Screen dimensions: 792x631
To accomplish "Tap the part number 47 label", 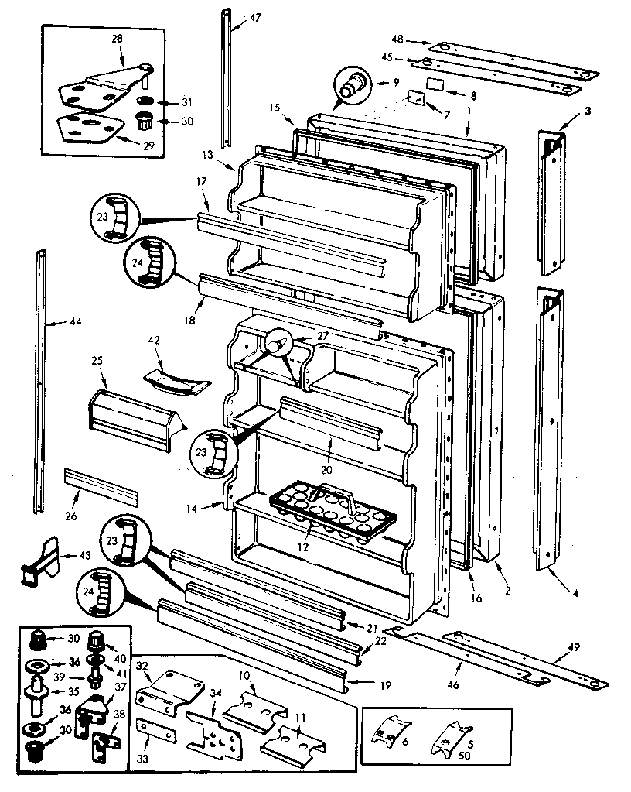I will pyautogui.click(x=256, y=16).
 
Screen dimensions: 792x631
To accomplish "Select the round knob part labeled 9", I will pyautogui.click(x=352, y=84).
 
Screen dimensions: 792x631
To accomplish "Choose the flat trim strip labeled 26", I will pyautogui.click(x=101, y=484).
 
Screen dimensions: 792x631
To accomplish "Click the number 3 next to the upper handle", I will pyautogui.click(x=588, y=111).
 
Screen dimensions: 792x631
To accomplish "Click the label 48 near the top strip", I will pyautogui.click(x=399, y=38).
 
